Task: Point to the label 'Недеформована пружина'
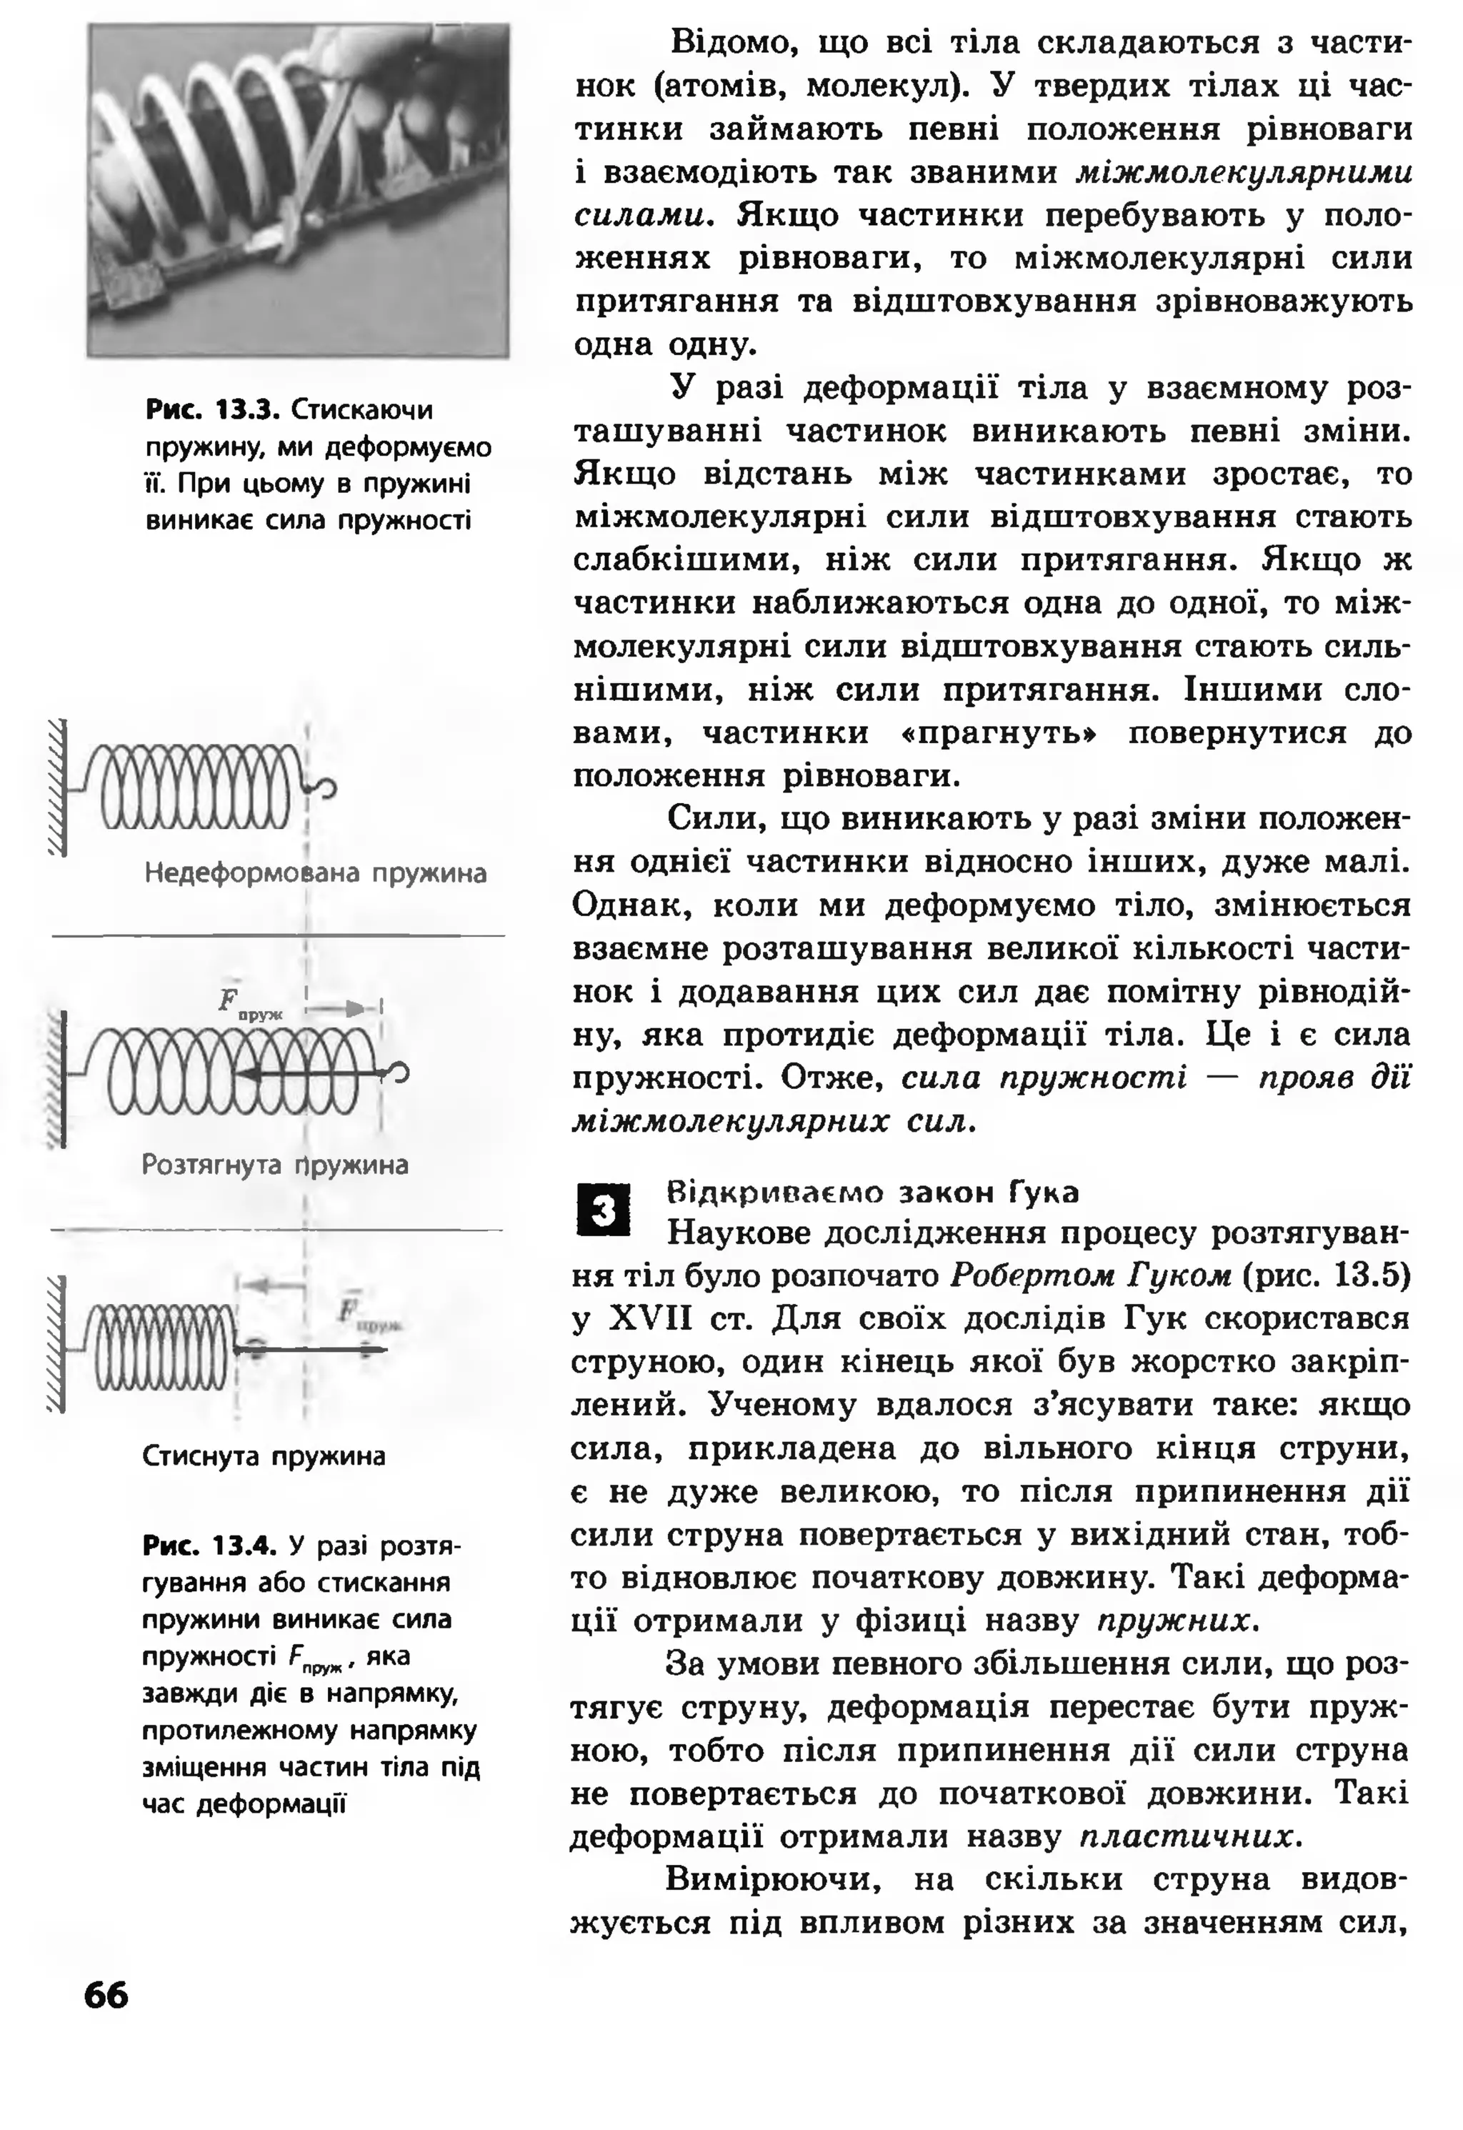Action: (315, 873)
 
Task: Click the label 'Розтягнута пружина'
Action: (275, 1165)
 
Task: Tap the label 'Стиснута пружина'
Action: (264, 1457)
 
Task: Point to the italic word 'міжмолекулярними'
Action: (1244, 172)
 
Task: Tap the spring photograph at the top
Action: (298, 190)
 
